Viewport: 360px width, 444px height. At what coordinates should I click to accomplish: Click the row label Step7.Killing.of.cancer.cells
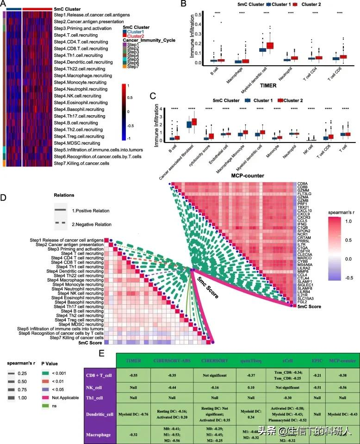pyautogui.click(x=85, y=164)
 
